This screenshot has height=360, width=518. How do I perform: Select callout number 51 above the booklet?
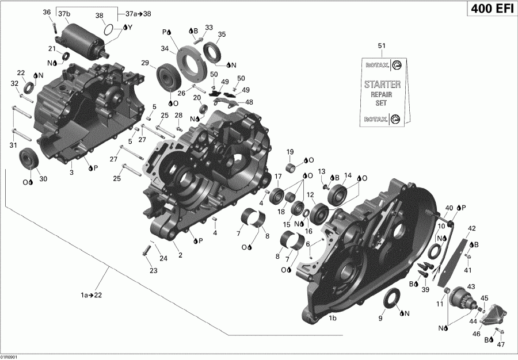coord(380,46)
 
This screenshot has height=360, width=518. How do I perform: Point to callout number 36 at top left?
coord(47,12)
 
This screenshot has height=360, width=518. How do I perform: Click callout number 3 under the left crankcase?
coord(71,172)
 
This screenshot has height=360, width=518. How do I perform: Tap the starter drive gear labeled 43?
coord(461,296)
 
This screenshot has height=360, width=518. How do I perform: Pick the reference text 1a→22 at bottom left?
coord(92,295)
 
